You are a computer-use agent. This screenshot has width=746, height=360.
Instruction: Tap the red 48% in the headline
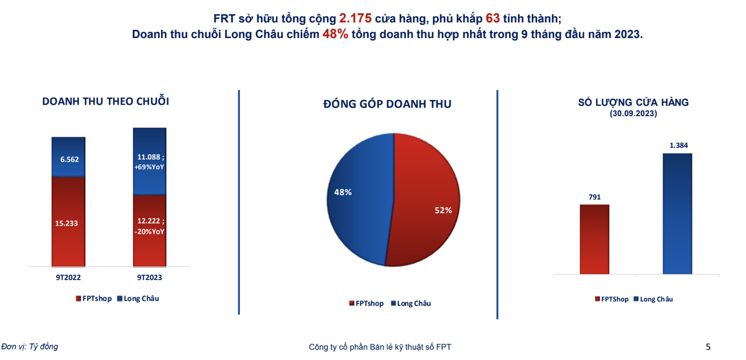334,35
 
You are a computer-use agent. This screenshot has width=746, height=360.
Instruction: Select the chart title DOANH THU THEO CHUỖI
106,101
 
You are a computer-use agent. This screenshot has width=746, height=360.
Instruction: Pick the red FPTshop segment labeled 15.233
68,222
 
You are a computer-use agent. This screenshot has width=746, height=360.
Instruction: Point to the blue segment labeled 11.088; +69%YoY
150,162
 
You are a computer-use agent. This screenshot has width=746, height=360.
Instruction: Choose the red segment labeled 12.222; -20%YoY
150,231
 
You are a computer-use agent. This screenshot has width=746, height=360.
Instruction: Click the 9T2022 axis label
68,277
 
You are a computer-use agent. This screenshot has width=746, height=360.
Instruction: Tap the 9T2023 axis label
150,277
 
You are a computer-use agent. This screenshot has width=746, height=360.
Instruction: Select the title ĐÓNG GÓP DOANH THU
387,104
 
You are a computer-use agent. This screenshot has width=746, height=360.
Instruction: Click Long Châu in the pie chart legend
413,303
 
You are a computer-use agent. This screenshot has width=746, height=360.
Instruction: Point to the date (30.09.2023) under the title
633,114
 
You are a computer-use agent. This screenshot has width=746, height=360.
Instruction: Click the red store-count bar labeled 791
594,239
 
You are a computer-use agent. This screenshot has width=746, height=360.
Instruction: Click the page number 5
708,347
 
